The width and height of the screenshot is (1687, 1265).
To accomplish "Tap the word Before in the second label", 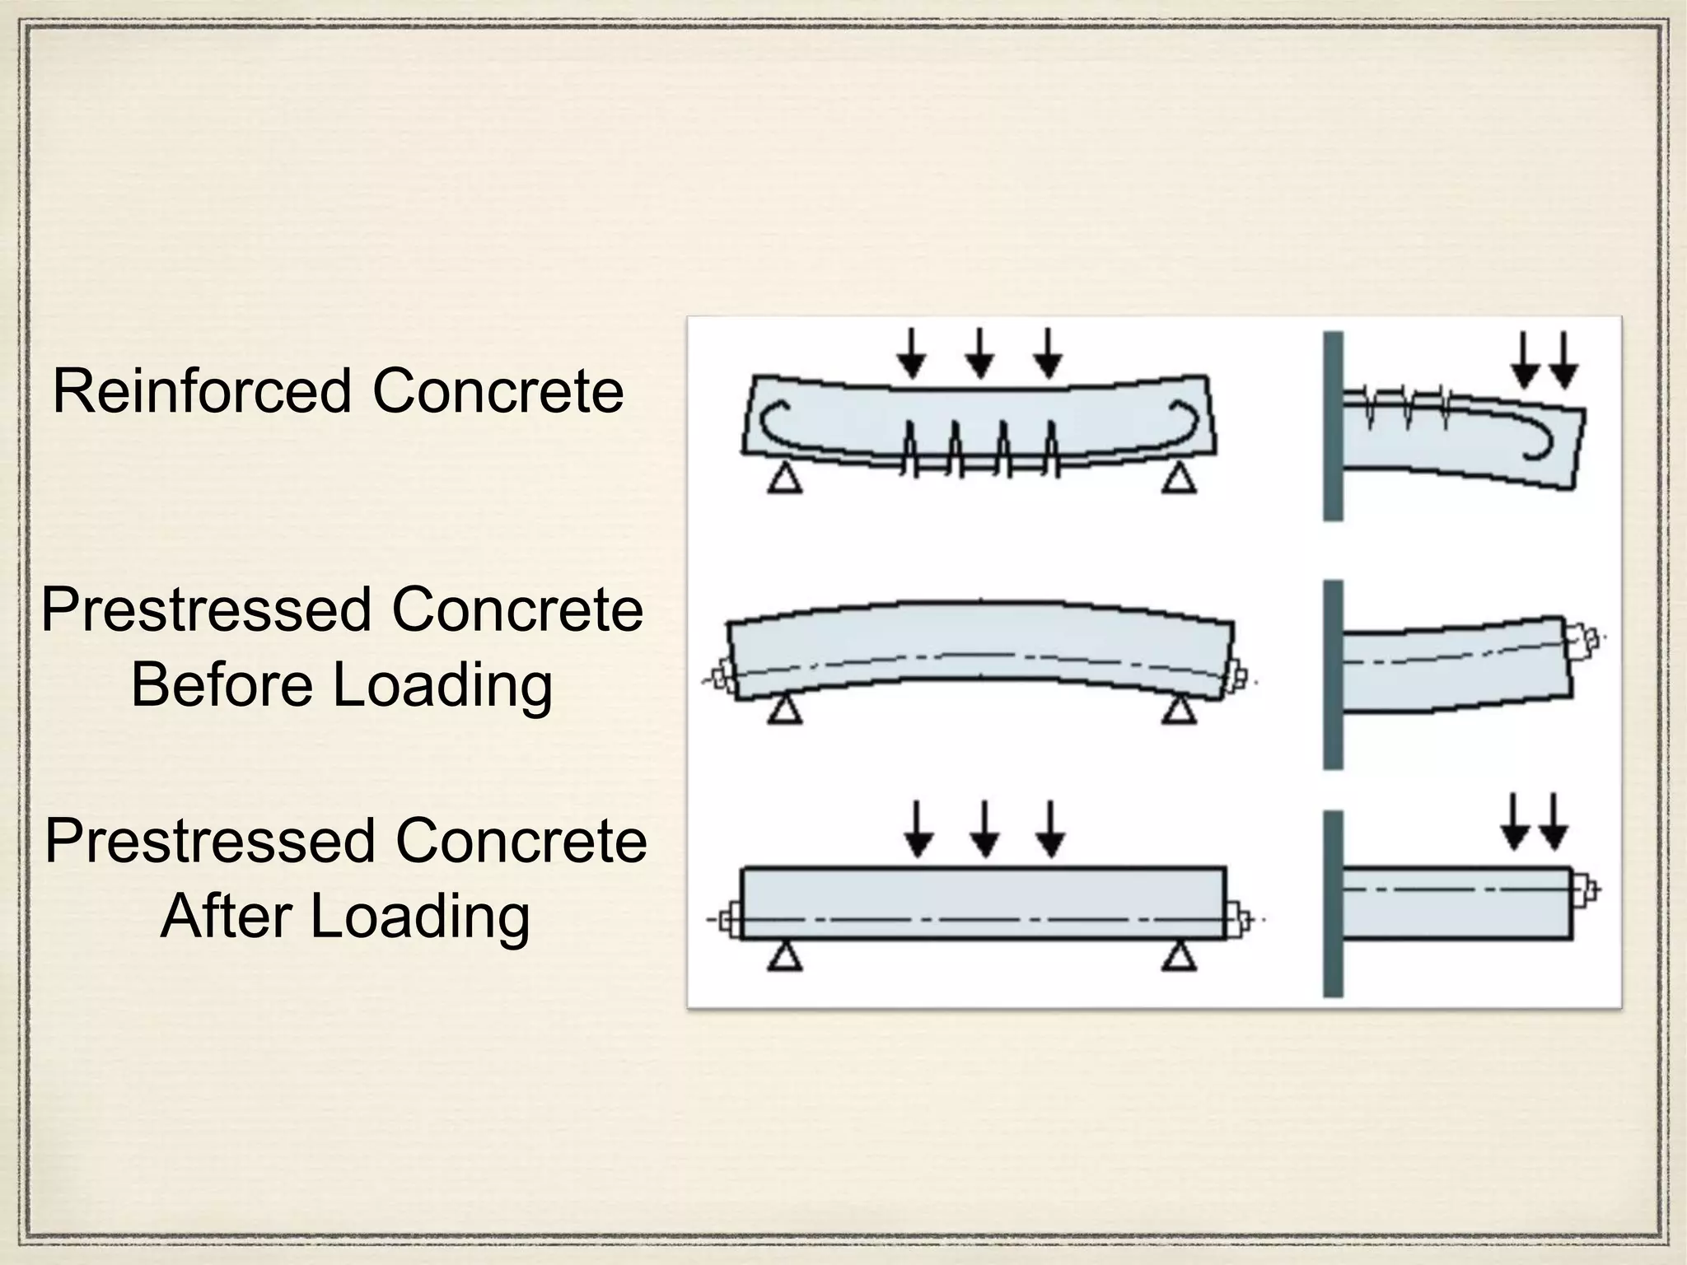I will [220, 684].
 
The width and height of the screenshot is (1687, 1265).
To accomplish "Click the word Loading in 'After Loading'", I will [419, 916].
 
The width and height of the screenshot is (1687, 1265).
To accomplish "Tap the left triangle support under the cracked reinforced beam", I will [785, 478].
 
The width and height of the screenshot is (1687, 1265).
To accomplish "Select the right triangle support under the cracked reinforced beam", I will [1179, 478].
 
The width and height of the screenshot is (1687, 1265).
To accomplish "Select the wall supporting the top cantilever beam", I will [1333, 426].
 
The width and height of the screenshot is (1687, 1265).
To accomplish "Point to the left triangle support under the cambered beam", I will [785, 709].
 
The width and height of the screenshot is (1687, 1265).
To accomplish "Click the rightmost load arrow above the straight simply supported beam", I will [1049, 830].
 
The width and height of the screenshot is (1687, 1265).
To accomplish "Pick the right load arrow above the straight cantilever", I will [1554, 822].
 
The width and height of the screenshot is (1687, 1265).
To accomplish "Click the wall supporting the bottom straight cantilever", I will [1333, 904].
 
